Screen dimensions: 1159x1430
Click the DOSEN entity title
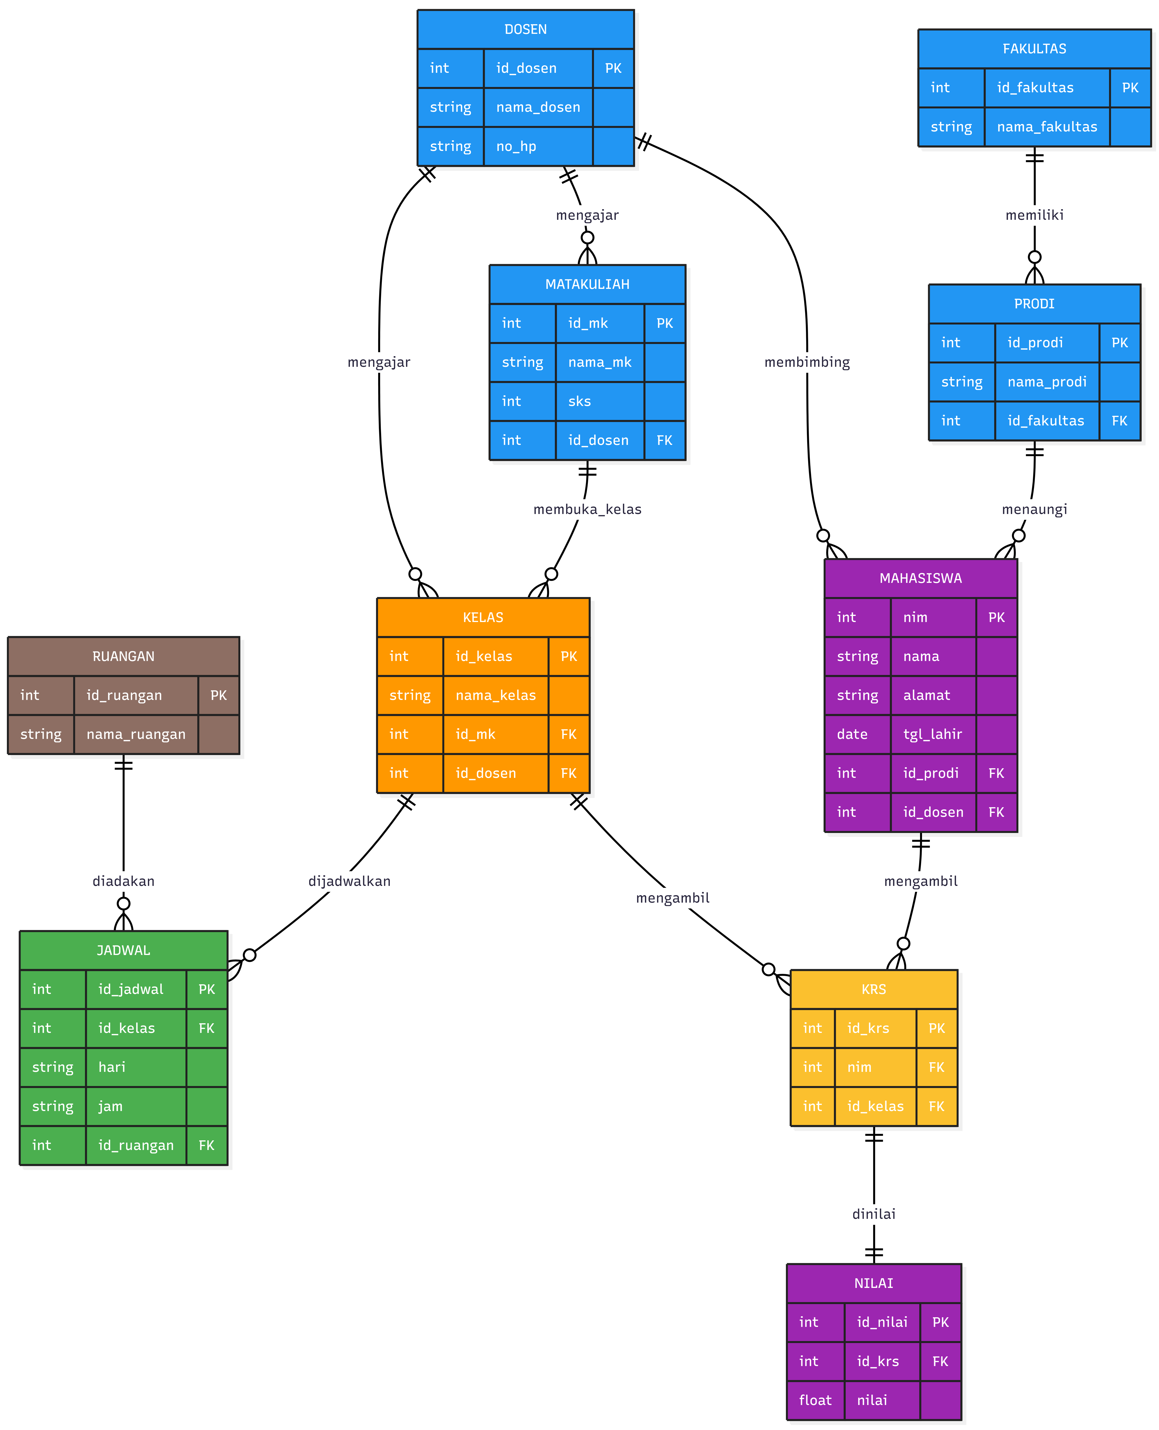pos(526,29)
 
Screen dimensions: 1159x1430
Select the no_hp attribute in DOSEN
pos(516,146)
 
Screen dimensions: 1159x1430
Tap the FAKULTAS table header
pos(1034,49)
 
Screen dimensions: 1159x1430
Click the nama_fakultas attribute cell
pos(1047,127)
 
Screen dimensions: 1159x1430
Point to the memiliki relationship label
pos(1034,215)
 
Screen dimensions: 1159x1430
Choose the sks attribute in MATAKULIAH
pos(579,401)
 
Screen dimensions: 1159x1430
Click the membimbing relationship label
pos(807,362)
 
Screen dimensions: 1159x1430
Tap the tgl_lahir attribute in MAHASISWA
pos(933,734)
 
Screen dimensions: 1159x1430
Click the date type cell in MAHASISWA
pos(853,734)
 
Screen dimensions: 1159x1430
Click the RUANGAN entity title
pos(124,657)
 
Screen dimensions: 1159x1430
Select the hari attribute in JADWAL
pos(112,1067)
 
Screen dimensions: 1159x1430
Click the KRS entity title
pos(874,989)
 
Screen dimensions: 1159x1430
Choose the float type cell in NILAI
pos(815,1400)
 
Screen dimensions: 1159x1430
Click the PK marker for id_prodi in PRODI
pos(1120,343)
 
